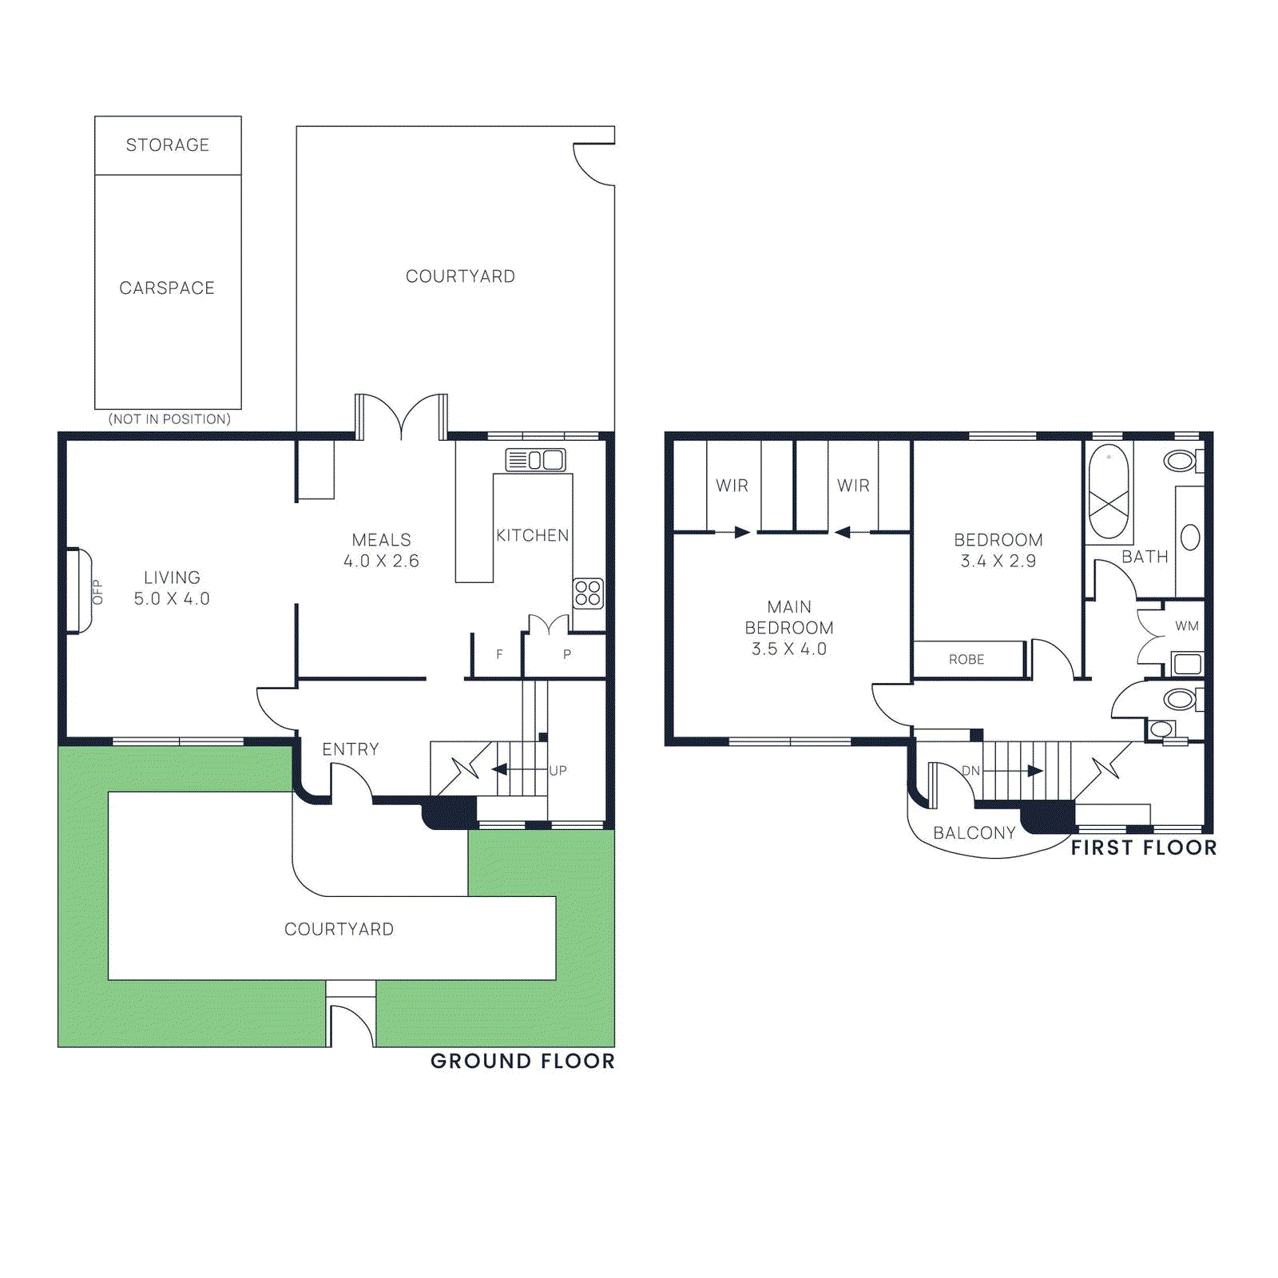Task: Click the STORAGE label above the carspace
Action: [x=168, y=145]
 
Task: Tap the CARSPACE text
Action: [x=167, y=288]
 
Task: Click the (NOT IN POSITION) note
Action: [x=169, y=419]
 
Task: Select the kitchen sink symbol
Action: [x=535, y=460]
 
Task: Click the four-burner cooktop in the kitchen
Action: [x=588, y=593]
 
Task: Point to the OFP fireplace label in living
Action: [x=97, y=592]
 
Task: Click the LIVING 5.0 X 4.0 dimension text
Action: [x=172, y=599]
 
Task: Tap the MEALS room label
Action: [x=382, y=540]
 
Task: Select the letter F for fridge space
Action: [x=499, y=654]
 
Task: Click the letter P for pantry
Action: [x=567, y=654]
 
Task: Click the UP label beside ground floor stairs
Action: [x=558, y=771]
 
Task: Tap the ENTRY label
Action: [x=351, y=749]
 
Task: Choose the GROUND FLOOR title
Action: [x=522, y=1061]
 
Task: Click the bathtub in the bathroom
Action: [x=1109, y=491]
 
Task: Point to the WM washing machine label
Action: [x=1187, y=626]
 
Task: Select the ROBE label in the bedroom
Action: [x=966, y=660]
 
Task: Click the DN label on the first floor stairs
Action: [x=970, y=771]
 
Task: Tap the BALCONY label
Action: [x=974, y=833]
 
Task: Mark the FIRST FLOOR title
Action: [x=1144, y=847]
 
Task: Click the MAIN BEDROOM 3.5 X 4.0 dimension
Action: [x=789, y=649]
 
